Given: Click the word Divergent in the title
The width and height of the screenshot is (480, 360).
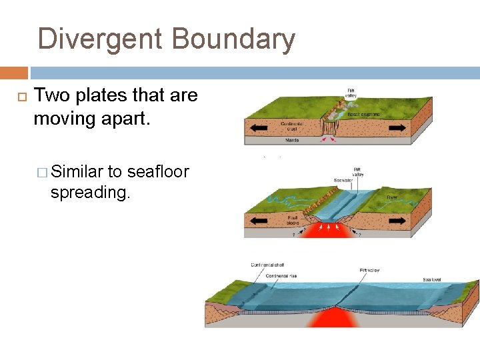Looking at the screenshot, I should click(99, 39).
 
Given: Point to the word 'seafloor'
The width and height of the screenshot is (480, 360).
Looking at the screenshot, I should click(158, 173).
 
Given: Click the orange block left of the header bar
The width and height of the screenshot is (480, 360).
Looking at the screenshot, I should click(13, 73).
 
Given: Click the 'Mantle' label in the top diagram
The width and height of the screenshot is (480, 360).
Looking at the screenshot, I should click(291, 141).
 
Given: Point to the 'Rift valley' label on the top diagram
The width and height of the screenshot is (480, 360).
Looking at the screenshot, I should click(351, 93).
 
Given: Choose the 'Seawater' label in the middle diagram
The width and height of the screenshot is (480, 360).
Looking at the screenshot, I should click(343, 180).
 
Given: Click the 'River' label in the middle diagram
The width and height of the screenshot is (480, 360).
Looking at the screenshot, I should click(393, 197).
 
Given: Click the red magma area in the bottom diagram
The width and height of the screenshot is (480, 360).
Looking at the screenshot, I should click(339, 319).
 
